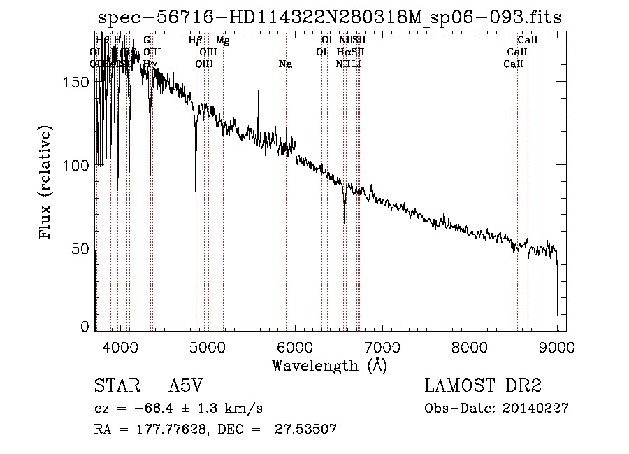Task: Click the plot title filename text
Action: tap(330, 17)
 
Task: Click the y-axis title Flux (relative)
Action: tap(46, 183)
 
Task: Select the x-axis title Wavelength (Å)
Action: tap(329, 365)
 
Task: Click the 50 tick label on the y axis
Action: tap(82, 248)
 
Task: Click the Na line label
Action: tap(285, 64)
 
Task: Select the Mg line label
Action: tap(223, 41)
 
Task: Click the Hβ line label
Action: tap(196, 41)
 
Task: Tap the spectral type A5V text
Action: tap(187, 387)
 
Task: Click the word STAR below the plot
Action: tap(115, 387)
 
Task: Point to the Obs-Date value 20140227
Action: tap(539, 409)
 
